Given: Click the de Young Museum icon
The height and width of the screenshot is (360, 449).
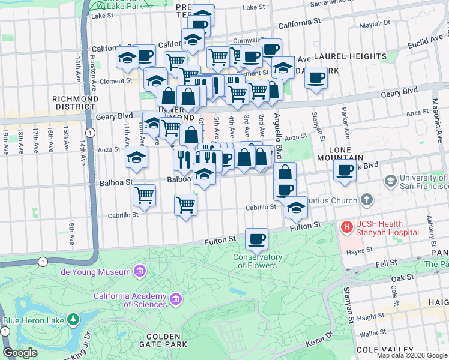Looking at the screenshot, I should (140, 272).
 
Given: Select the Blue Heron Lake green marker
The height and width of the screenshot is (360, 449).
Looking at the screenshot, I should (73, 320).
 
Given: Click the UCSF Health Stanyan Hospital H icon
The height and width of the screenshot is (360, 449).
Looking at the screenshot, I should (346, 227).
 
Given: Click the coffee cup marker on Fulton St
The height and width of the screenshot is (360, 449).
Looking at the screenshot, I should (257, 239).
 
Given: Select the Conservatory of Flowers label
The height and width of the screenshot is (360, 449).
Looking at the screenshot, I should (258, 262).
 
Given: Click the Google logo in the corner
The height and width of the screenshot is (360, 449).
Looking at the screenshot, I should (20, 353).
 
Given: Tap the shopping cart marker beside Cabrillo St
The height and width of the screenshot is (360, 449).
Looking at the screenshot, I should (186, 205).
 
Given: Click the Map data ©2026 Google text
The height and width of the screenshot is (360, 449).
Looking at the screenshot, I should (411, 355).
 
